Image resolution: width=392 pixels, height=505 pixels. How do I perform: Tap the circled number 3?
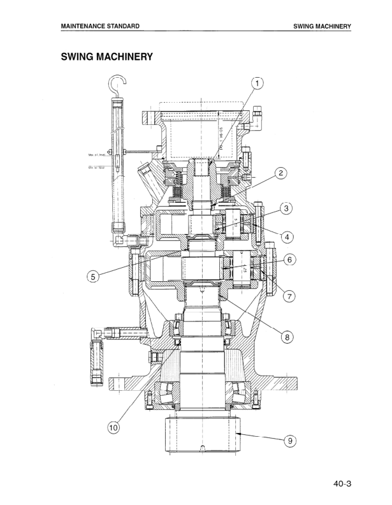[287, 208]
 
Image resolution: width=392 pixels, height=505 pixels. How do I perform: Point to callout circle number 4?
[287, 237]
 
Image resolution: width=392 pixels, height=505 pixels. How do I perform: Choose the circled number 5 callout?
[94, 277]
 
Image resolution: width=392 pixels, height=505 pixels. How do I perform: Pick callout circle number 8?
[287, 337]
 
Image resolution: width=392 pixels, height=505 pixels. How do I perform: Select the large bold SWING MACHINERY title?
[106, 57]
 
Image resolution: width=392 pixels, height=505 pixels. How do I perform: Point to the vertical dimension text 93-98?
[221, 137]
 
